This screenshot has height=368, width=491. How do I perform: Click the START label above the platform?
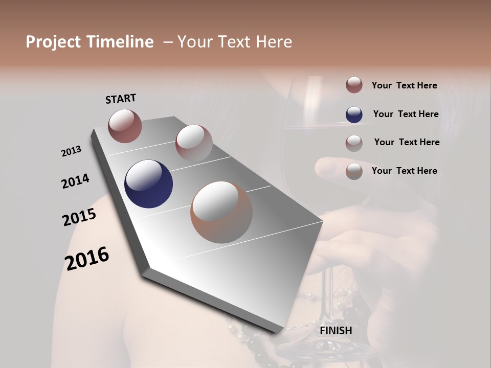tap(121, 99)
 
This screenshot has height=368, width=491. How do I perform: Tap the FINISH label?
tap(336, 331)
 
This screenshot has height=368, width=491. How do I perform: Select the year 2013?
tap(72, 151)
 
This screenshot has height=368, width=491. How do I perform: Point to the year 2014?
tap(76, 181)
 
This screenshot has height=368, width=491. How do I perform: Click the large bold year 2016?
tap(87, 258)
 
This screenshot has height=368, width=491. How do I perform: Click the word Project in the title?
tap(54, 42)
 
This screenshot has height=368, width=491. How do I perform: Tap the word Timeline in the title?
tap(121, 42)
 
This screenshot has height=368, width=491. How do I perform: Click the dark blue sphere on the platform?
tap(148, 184)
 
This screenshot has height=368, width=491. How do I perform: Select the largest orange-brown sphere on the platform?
tap(221, 212)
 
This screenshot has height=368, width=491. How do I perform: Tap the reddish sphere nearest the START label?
tap(125, 126)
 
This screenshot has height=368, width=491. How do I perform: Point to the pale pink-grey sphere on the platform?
tap(194, 143)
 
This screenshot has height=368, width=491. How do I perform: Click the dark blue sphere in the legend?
tap(354, 114)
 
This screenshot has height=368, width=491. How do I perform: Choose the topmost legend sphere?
tap(354, 85)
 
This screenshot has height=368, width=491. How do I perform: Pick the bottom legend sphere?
tap(354, 171)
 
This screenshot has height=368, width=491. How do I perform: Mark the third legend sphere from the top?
tap(354, 143)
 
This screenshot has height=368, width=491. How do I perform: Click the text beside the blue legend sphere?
tap(406, 114)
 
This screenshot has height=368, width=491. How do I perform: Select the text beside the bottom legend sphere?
tap(404, 171)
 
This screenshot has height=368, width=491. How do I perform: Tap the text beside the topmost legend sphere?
tap(404, 85)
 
